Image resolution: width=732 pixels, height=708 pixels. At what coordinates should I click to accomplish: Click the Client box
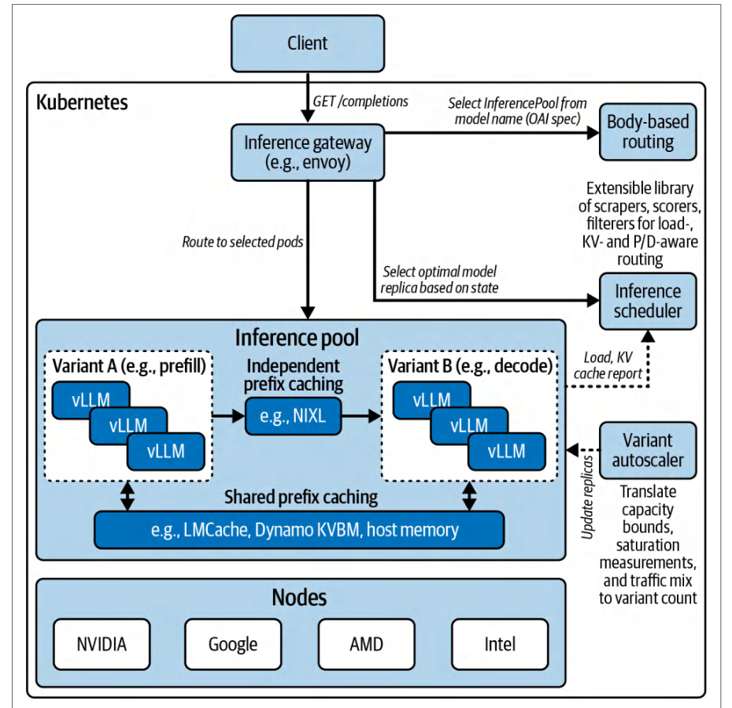(x=308, y=43)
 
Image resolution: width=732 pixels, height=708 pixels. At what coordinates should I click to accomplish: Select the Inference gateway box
(x=308, y=152)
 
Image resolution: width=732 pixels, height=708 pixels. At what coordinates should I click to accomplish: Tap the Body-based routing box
(x=648, y=132)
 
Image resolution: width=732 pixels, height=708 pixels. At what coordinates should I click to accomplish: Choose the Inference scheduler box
(x=648, y=301)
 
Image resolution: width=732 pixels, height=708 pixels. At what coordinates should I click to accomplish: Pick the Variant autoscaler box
(x=648, y=450)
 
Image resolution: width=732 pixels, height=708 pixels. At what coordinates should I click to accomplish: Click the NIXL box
(x=293, y=416)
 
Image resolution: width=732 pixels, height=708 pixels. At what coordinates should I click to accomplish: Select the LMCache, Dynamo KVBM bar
(x=299, y=530)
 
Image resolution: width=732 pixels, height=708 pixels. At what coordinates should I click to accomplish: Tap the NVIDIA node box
(x=102, y=644)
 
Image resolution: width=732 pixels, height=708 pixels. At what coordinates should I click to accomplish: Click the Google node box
(x=233, y=644)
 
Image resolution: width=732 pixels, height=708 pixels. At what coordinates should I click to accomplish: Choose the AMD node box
(x=367, y=644)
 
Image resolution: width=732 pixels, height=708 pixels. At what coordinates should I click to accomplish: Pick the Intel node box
(x=500, y=644)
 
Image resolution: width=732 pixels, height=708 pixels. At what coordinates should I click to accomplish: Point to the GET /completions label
(x=360, y=102)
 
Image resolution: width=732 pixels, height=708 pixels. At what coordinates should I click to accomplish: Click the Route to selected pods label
(x=242, y=242)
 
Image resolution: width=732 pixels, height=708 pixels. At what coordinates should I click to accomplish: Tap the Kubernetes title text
(x=82, y=102)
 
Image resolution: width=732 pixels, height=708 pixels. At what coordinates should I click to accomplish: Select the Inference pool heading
(x=297, y=338)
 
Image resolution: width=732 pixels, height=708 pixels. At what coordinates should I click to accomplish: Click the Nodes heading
(x=299, y=597)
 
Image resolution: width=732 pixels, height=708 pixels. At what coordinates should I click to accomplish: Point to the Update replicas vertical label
(x=587, y=497)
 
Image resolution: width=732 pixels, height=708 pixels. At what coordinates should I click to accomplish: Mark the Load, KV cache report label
(x=608, y=365)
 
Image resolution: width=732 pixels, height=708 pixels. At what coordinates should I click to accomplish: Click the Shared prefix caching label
(x=301, y=498)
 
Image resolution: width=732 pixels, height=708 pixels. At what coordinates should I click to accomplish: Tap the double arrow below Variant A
(x=128, y=496)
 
